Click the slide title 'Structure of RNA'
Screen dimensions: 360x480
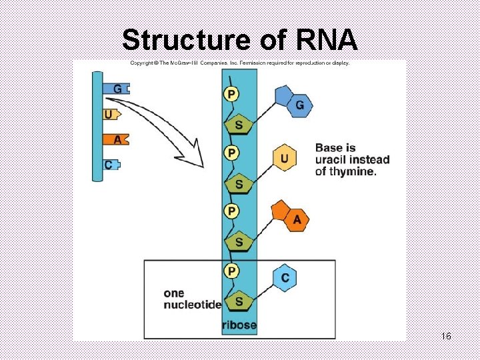point(240,40)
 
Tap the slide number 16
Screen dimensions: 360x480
point(446,336)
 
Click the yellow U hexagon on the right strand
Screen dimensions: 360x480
point(285,159)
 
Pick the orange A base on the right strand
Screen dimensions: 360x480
point(296,219)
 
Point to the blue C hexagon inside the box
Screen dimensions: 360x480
point(285,277)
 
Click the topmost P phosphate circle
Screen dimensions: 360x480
point(231,94)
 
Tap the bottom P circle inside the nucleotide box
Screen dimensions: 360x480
point(231,271)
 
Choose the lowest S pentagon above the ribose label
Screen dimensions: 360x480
point(239,301)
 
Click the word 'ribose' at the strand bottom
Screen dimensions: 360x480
point(239,325)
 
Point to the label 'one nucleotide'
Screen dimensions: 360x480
point(192,299)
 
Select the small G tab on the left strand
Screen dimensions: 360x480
point(117,88)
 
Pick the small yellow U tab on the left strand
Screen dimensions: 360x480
point(110,114)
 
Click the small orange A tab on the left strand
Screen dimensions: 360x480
point(116,139)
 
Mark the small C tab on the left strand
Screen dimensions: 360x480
point(111,165)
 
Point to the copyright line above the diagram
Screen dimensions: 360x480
point(239,63)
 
